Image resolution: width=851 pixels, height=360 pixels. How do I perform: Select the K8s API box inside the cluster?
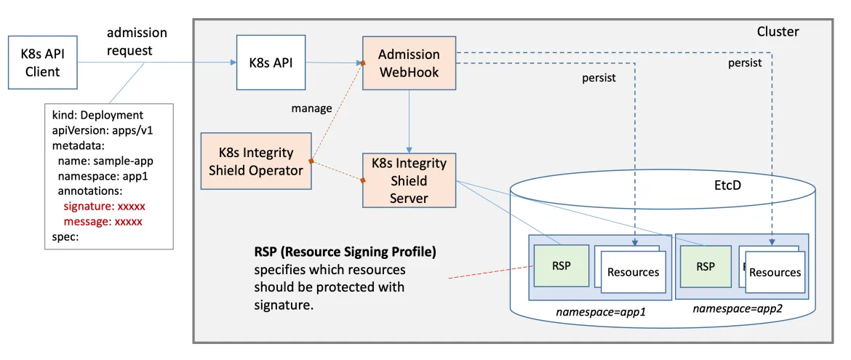pyautogui.click(x=271, y=63)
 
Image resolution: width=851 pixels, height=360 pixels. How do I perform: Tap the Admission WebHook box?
pyautogui.click(x=409, y=63)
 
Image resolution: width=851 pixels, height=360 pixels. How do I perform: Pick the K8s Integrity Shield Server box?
pyautogui.click(x=409, y=180)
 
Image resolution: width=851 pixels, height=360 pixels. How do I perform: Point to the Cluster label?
pyautogui.click(x=778, y=32)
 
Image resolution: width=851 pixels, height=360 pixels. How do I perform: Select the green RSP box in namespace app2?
pyautogui.click(x=705, y=267)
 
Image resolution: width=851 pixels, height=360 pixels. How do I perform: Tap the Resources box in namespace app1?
pyautogui.click(x=632, y=273)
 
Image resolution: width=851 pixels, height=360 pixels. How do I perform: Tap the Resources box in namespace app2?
pyautogui.click(x=775, y=273)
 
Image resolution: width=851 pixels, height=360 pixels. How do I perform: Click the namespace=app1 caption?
pyautogui.click(x=601, y=311)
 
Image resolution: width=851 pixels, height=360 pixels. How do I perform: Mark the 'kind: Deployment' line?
pyautogui.click(x=97, y=115)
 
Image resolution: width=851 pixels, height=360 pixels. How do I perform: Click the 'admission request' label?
pyautogui.click(x=137, y=41)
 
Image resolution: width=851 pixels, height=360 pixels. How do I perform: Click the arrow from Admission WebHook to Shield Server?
pyautogui.click(x=409, y=121)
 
